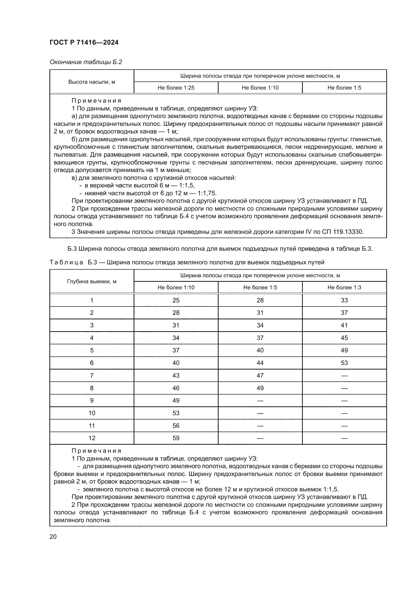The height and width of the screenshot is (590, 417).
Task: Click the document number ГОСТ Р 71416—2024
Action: click(x=84, y=42)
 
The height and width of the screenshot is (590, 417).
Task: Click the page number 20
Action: click(x=53, y=537)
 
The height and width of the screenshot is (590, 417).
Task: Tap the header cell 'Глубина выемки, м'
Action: click(x=92, y=282)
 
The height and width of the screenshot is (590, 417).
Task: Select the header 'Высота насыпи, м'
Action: click(x=92, y=82)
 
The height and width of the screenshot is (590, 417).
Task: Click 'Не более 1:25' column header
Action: click(x=176, y=88)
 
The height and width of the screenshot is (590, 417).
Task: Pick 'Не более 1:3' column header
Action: click(x=344, y=287)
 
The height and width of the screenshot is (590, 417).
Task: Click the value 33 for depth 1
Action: click(x=344, y=300)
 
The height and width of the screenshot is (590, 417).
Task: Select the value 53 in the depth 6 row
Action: click(x=344, y=363)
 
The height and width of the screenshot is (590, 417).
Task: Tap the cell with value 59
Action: click(x=176, y=438)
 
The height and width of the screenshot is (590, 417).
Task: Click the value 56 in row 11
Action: click(x=176, y=426)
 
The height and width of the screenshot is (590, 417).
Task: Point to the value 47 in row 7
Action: click(x=260, y=375)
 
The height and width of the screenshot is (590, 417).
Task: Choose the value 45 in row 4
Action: click(x=344, y=338)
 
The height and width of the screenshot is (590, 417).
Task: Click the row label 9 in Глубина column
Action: click(x=92, y=401)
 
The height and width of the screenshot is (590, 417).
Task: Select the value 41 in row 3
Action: click(x=344, y=325)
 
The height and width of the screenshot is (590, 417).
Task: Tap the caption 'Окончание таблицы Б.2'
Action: click(x=86, y=62)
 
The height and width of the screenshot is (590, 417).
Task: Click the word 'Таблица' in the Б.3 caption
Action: click(x=66, y=262)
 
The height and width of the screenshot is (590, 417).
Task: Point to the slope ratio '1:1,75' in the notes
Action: click(x=207, y=193)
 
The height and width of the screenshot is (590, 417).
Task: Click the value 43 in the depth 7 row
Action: click(x=176, y=375)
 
